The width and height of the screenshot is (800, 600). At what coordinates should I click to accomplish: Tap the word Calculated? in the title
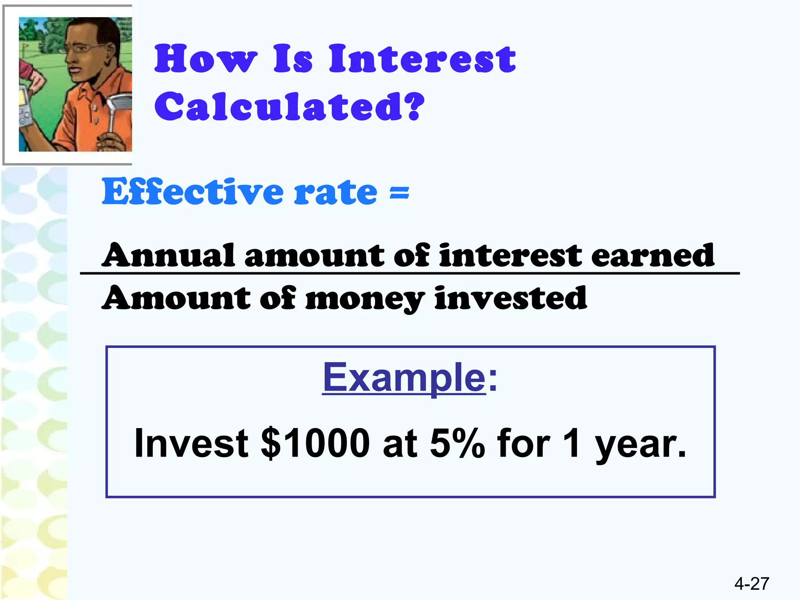tap(289, 106)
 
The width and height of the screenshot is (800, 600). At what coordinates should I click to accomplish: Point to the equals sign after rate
tap(399, 193)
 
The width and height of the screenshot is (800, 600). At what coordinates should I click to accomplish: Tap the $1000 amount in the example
tap(315, 443)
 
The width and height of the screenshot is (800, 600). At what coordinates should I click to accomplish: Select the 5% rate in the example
tap(457, 443)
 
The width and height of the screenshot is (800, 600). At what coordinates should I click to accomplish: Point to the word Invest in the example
tap(191, 443)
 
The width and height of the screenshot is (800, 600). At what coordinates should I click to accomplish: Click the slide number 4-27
tap(752, 584)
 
